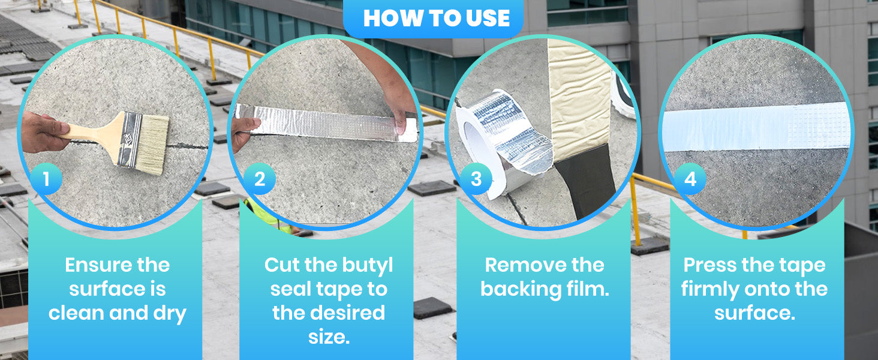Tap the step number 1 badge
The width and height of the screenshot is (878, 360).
[x=46, y=179]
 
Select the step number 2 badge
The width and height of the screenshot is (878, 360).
[x=260, y=179]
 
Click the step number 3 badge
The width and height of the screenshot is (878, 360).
[x=476, y=179]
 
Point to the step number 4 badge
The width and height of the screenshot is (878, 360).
[x=690, y=179]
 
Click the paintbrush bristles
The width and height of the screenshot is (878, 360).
[x=153, y=145]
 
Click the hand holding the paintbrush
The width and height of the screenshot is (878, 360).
[x=44, y=132]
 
